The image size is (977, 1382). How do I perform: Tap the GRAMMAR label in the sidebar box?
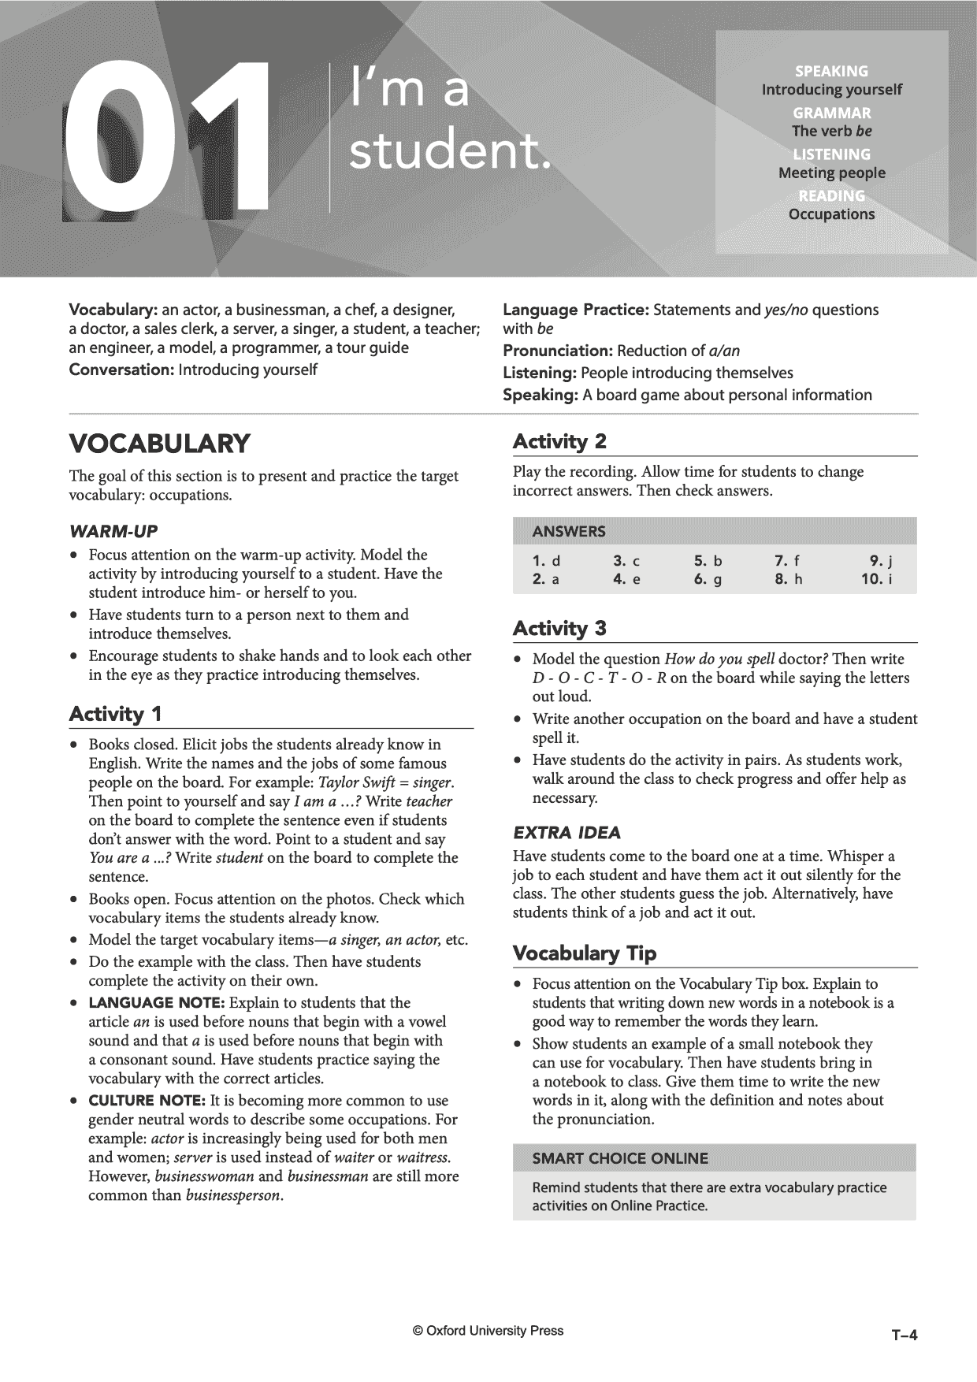point(831,113)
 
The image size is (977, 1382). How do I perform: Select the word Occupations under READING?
point(831,214)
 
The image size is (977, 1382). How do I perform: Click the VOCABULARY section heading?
point(159,444)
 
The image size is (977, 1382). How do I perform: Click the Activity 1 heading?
point(115,714)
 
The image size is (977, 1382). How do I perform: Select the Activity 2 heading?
point(559,441)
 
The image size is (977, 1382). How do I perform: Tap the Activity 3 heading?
point(559,628)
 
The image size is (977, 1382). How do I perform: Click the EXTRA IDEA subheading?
point(567,833)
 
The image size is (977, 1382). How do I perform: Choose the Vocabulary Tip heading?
point(584,953)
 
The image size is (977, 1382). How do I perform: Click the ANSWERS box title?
point(569,531)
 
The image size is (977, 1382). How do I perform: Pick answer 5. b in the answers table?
point(708,561)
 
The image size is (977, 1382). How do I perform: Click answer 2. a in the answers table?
point(546,580)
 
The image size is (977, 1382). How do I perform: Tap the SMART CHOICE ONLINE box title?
point(620,1158)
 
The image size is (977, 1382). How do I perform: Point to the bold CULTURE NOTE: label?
point(147,1101)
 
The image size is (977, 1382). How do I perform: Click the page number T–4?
point(905,1335)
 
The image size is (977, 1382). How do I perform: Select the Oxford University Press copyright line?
point(488,1331)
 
